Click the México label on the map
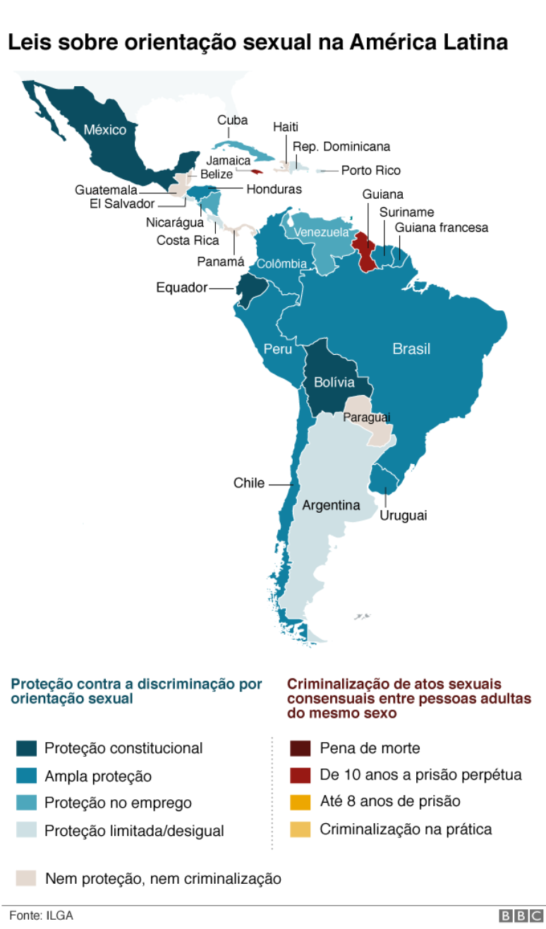click(x=105, y=130)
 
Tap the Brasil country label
click(x=411, y=348)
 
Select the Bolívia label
click(x=334, y=383)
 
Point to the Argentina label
click(x=331, y=505)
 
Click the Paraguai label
click(x=367, y=418)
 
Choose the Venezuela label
click(x=321, y=232)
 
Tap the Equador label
click(x=182, y=288)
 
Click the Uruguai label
click(x=404, y=516)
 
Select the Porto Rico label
click(x=371, y=171)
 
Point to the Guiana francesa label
click(x=441, y=228)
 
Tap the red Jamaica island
click(x=257, y=171)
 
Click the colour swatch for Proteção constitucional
click(x=26, y=748)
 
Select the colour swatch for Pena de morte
click(x=301, y=748)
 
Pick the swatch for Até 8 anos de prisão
click(x=301, y=802)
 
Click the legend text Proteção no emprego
click(x=118, y=803)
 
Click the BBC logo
click(x=521, y=916)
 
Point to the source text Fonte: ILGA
click(x=41, y=916)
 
